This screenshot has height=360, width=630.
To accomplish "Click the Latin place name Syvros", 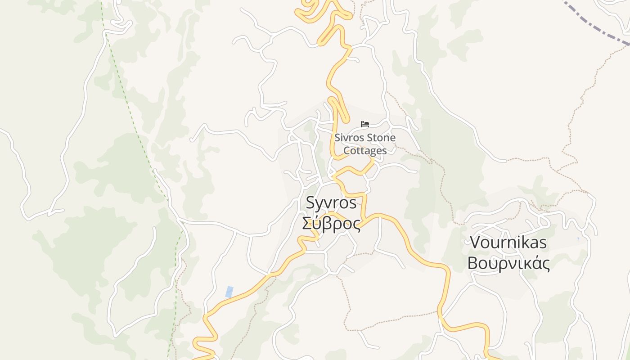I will click(331, 203).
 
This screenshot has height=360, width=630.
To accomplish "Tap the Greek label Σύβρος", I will click(331, 223).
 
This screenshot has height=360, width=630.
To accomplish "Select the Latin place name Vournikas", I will click(508, 243).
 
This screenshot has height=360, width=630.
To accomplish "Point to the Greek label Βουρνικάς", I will click(508, 263).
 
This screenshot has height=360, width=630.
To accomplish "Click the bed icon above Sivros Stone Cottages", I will click(365, 124).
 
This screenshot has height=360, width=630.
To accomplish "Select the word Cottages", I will click(365, 150).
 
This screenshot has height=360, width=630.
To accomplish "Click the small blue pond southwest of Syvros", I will click(229, 292).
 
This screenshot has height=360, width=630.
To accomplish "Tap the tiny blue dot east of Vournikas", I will click(578, 238).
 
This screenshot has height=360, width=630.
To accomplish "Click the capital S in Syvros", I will click(310, 203).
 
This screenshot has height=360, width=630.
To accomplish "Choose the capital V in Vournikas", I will click(475, 243).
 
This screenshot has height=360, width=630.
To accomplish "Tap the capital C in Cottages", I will click(347, 150).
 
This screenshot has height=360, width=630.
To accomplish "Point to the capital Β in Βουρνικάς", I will click(473, 263).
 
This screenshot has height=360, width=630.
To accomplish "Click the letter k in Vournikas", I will click(524, 243).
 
